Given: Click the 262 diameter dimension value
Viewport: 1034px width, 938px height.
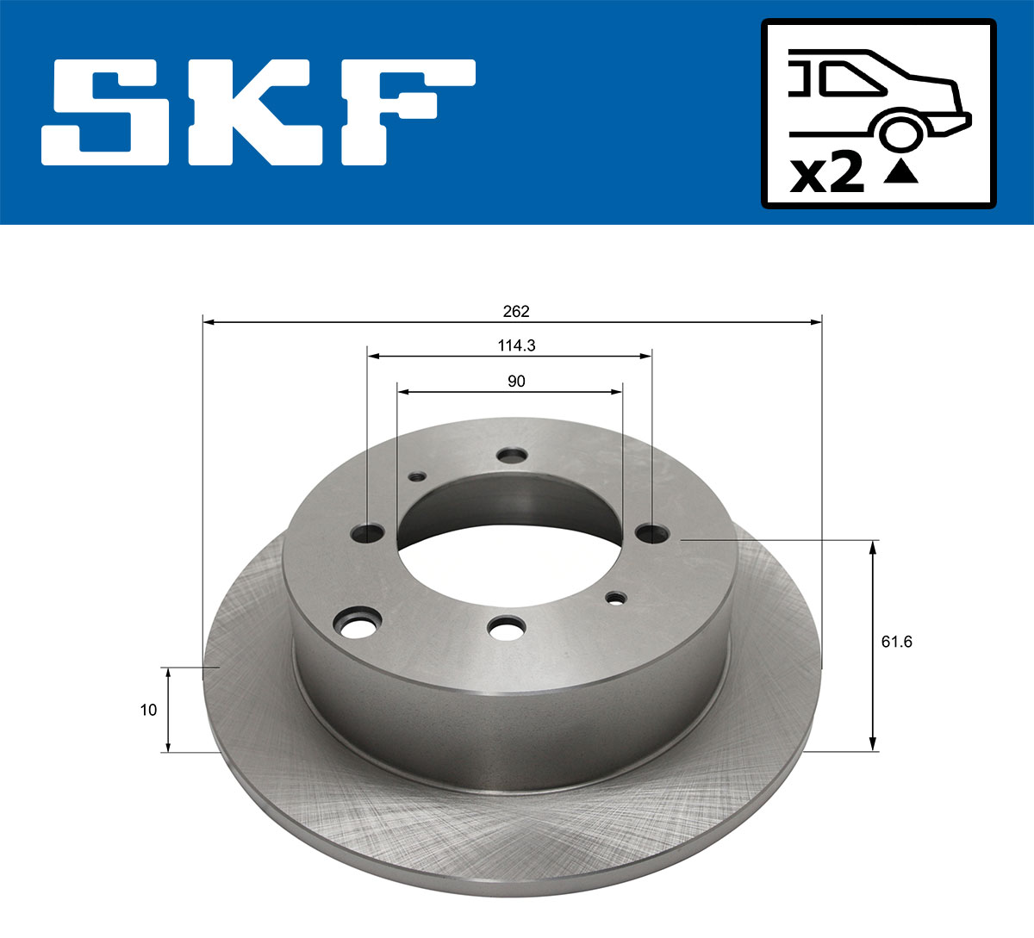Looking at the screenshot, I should pos(516,311).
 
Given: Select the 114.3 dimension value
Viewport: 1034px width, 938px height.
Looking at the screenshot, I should pos(516,345).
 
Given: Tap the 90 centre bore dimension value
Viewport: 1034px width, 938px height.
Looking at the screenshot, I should pos(516,381).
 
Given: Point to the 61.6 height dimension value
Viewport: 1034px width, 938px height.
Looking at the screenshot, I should pos(896,641).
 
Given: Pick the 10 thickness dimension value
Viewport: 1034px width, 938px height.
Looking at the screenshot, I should pos(148,710).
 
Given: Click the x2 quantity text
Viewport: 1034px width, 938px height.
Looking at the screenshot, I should pos(827,173).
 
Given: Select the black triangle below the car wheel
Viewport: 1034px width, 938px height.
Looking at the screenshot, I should pos(901,172).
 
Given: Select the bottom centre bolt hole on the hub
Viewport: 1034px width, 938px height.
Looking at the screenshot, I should pos(506,628).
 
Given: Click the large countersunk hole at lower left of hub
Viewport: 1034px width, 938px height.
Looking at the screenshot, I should pos(359,624).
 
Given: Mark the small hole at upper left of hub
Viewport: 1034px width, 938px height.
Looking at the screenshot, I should pos(418,475).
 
